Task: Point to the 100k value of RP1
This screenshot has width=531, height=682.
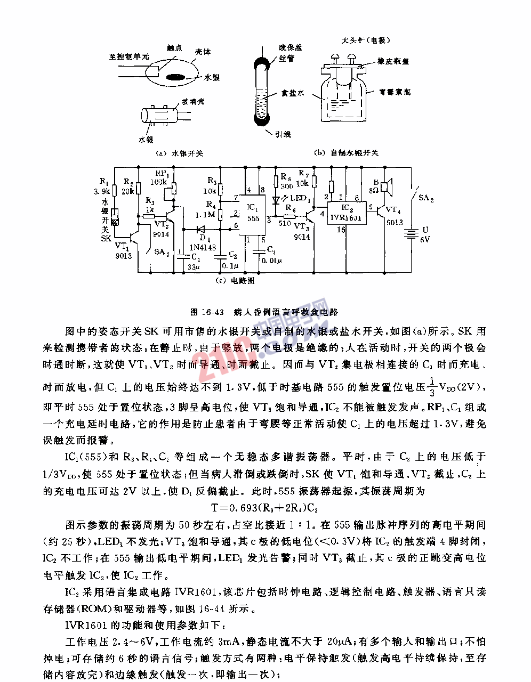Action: point(158,182)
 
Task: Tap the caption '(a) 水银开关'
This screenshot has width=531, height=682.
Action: point(179,153)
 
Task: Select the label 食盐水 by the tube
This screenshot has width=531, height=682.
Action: point(293,93)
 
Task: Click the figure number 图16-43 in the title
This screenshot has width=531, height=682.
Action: point(207,312)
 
